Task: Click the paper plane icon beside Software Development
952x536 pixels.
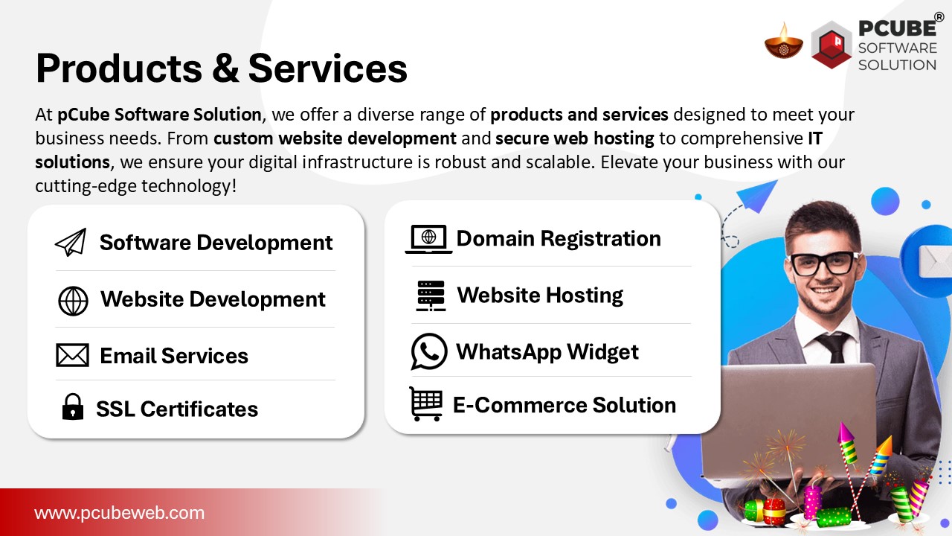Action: [71, 242]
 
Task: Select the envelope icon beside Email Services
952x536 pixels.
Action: [73, 355]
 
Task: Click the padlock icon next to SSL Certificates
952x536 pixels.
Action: [73, 406]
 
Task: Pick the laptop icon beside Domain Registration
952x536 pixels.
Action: [428, 240]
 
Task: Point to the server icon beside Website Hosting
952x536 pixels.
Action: [431, 296]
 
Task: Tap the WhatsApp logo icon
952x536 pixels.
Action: [429, 351]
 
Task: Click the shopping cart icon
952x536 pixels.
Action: [426, 403]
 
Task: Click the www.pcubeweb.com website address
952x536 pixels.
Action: [120, 513]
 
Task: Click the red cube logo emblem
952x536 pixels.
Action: [832, 45]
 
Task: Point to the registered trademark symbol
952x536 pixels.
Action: [939, 16]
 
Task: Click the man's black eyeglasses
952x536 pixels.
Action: [824, 263]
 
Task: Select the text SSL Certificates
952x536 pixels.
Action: [177, 409]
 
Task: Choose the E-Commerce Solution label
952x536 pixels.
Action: [565, 405]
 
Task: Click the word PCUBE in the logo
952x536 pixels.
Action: [897, 28]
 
